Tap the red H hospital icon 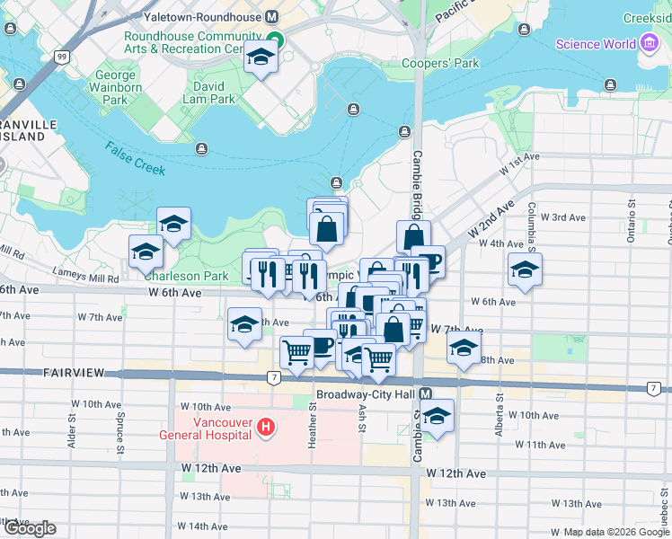266,427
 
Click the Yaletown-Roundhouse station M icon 271,17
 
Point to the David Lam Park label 208,93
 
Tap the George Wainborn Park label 116,88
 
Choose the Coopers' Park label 440,63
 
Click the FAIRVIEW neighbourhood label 74,371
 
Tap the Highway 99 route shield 62,57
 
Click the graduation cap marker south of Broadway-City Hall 438,417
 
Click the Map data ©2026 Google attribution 616,532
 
